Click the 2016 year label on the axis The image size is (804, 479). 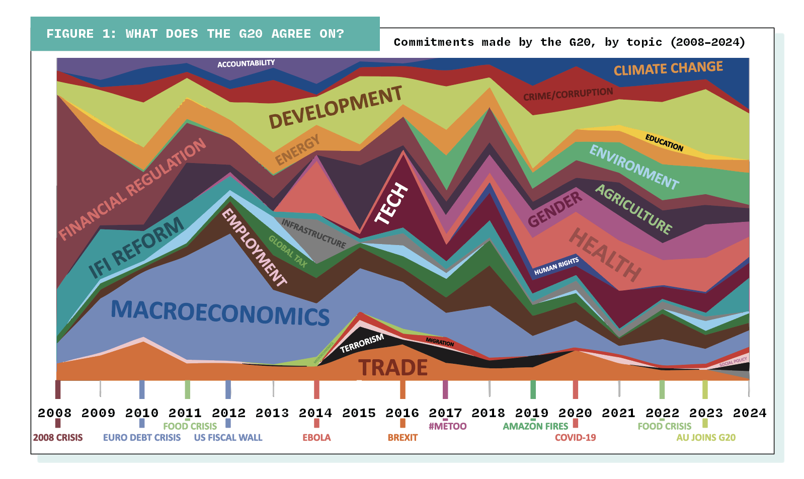(403, 413)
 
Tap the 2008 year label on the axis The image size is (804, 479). (54, 413)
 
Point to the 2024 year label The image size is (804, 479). (749, 413)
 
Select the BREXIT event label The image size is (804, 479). (403, 438)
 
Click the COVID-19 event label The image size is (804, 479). (575, 438)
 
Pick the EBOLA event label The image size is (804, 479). (316, 438)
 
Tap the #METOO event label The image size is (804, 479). (447, 426)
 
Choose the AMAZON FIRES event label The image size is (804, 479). (535, 426)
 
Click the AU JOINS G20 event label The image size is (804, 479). (705, 438)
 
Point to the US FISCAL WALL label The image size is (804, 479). (228, 438)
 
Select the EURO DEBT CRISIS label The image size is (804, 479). (141, 438)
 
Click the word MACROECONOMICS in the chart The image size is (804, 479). (220, 312)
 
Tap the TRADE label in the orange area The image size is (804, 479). (392, 368)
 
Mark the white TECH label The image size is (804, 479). (391, 203)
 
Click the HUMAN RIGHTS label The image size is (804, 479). (556, 266)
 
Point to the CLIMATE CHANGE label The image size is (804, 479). (668, 68)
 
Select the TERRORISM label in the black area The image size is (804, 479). (362, 343)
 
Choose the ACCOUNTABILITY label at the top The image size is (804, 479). (246, 63)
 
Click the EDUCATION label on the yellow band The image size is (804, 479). (664, 143)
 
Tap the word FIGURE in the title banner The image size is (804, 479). (70, 34)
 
